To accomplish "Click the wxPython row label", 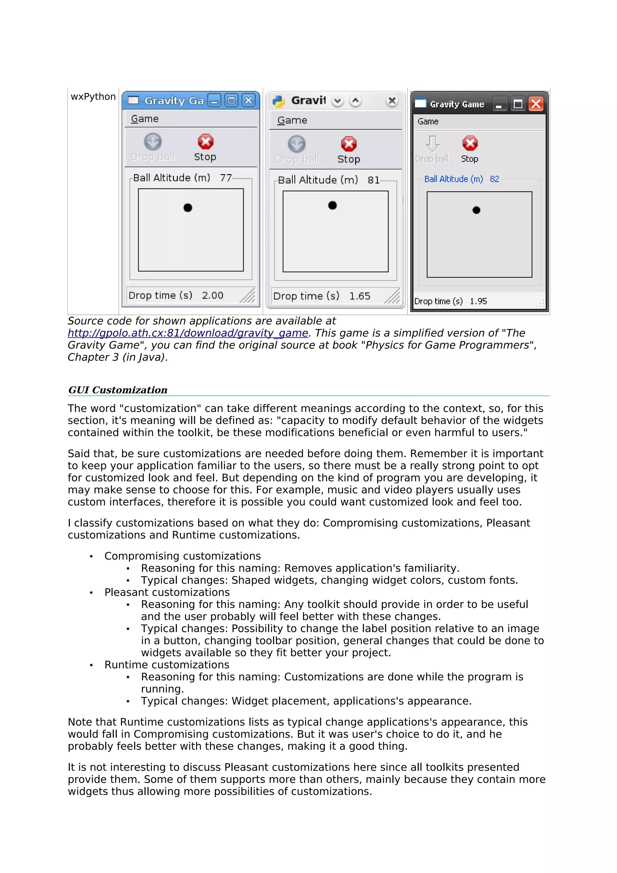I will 93,97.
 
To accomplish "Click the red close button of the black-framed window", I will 536,104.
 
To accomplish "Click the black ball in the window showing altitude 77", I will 188,208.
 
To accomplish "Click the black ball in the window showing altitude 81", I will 332,205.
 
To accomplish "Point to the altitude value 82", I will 494,179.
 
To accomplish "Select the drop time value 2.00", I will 212,296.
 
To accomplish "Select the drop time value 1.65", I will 360,296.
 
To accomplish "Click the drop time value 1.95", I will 478,302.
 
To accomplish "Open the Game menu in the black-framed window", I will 428,122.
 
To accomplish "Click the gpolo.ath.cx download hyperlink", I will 188,333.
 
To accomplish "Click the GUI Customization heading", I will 118,390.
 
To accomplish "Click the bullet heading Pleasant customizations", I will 167,592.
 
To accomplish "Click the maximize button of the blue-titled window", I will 231,100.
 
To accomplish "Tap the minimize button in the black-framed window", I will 499,104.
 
